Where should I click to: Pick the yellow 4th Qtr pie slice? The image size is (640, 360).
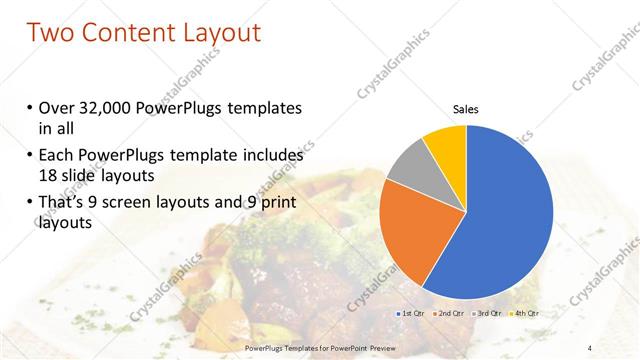click(446, 146)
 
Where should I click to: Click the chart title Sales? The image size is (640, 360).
click(466, 108)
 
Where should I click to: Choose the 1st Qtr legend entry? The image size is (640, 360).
click(411, 314)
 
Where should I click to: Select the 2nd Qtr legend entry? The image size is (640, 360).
click(448, 314)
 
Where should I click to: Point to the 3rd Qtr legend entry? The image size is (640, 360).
click(486, 314)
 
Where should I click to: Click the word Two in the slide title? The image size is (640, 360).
click(52, 32)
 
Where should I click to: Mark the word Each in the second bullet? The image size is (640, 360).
click(55, 156)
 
